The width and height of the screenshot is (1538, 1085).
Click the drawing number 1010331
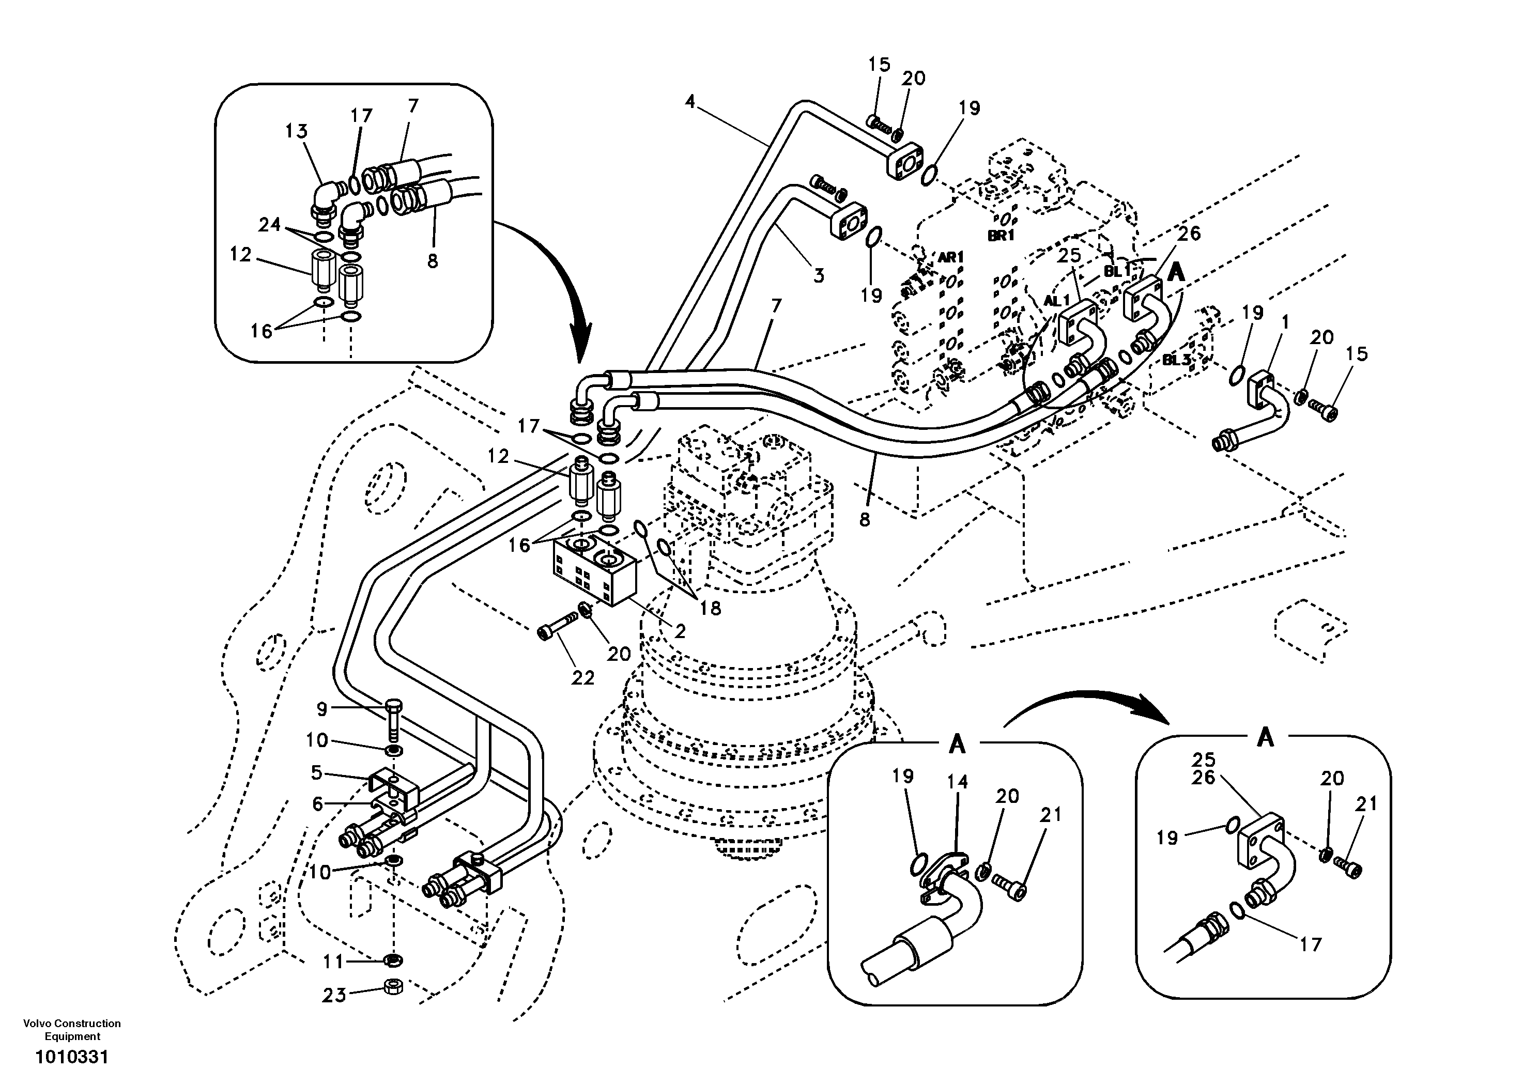pos(72,1058)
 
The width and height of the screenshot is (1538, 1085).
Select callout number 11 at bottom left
pos(333,962)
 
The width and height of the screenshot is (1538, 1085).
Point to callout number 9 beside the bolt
pos(322,708)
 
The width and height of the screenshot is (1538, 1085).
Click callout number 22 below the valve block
pos(583,678)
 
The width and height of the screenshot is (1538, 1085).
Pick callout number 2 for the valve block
pos(680,631)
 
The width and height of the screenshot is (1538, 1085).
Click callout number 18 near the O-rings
pos(710,608)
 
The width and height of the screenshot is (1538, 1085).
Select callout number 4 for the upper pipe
pos(690,102)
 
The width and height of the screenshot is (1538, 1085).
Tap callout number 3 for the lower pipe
pos(819,274)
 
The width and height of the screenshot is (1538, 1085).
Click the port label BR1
pos(1002,236)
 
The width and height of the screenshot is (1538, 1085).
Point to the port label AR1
pos(950,257)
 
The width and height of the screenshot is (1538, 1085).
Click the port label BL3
pos(1176,360)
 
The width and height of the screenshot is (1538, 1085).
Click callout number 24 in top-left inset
pos(269,225)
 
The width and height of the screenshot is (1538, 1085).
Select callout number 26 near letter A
pos(1189,233)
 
